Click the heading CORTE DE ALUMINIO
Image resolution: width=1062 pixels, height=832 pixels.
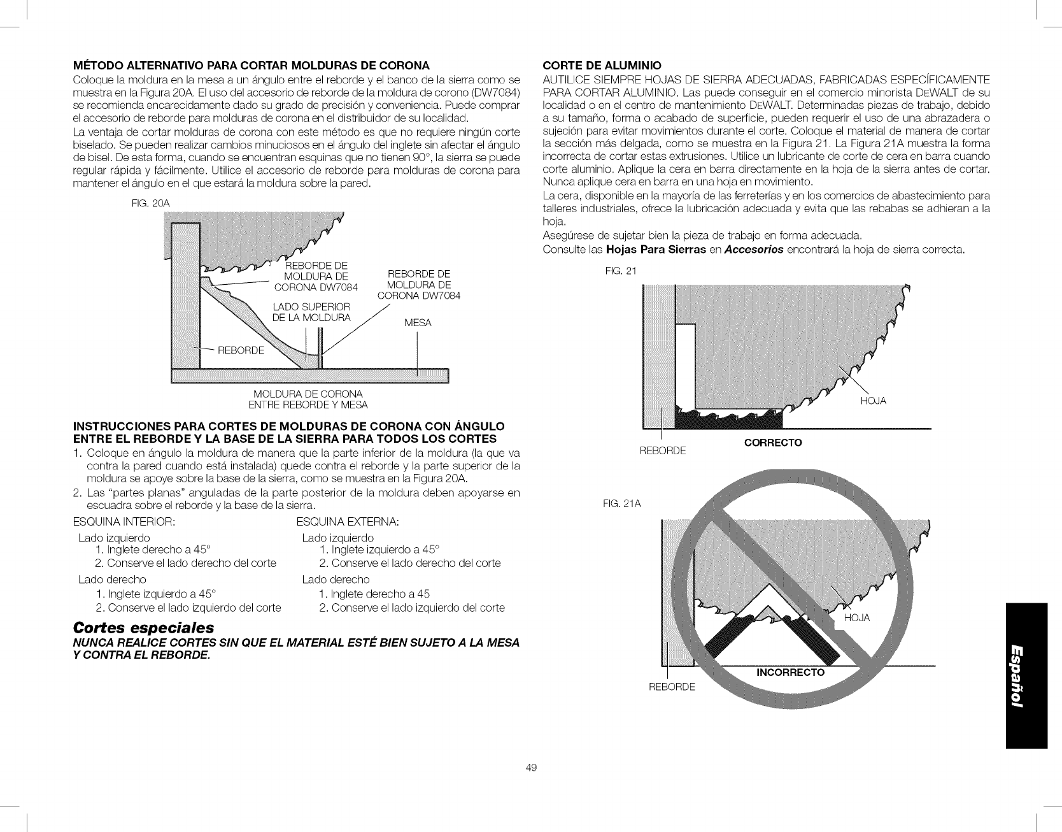[x=602, y=65]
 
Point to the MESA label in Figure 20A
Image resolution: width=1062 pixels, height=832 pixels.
[x=418, y=323]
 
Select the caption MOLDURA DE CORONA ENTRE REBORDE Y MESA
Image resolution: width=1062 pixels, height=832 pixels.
[x=308, y=399]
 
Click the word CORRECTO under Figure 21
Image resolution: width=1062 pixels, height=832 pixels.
[x=773, y=442]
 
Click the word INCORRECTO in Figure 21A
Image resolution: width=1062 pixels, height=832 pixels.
[x=790, y=673]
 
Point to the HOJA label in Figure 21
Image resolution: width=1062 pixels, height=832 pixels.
[x=873, y=401]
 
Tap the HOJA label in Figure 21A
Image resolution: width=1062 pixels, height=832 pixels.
[x=856, y=619]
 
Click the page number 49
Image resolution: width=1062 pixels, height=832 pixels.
[x=532, y=768]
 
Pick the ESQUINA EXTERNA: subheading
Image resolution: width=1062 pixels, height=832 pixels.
[x=348, y=522]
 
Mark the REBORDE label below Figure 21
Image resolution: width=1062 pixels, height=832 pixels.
[x=662, y=450]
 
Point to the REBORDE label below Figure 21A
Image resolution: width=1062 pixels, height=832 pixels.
[x=672, y=687]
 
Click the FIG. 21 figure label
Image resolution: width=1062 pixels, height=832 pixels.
[x=621, y=271]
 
